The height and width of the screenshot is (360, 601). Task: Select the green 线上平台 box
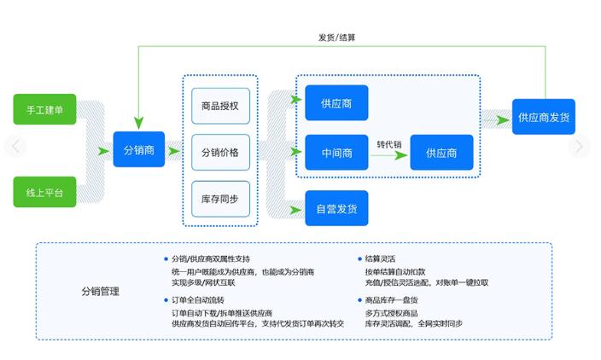(44, 193)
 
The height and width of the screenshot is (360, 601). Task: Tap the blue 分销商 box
(138, 150)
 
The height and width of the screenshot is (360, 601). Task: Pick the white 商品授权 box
(220, 106)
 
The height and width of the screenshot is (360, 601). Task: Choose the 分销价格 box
(220, 153)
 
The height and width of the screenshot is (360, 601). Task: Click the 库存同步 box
(220, 199)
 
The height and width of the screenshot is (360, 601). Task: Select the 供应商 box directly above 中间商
(336, 103)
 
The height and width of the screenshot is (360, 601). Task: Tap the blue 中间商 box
(336, 154)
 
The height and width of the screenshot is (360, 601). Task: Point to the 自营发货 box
(336, 208)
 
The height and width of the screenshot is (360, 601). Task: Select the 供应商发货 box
(546, 117)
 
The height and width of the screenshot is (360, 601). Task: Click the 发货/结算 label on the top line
(337, 38)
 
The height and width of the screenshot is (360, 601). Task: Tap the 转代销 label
(388, 144)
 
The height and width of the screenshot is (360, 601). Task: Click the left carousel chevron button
(15, 147)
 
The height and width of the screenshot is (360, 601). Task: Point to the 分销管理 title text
(101, 292)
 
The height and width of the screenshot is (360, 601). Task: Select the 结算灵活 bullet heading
(380, 258)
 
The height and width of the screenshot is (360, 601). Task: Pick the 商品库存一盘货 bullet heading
(391, 300)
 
